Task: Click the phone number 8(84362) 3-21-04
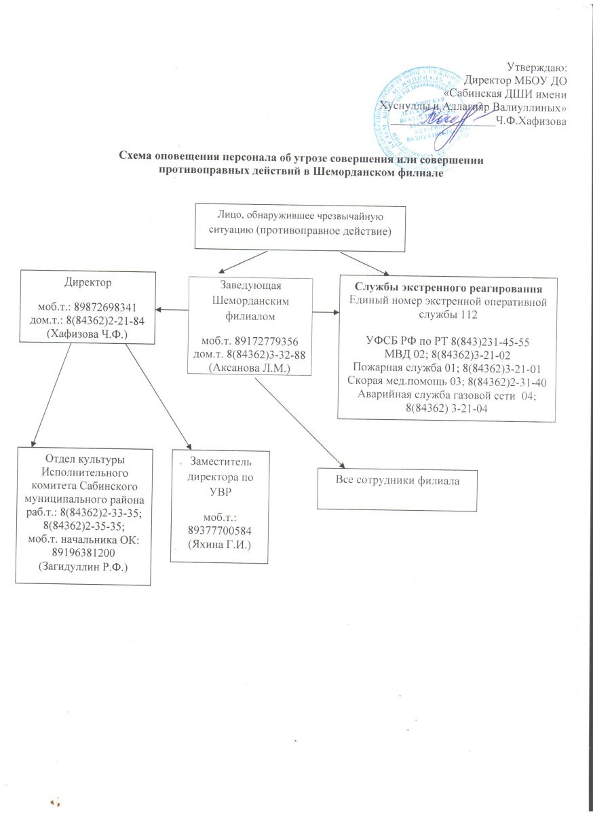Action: click(447, 408)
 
